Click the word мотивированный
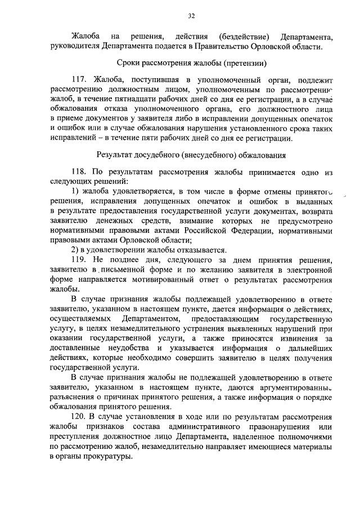pos(151,280)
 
